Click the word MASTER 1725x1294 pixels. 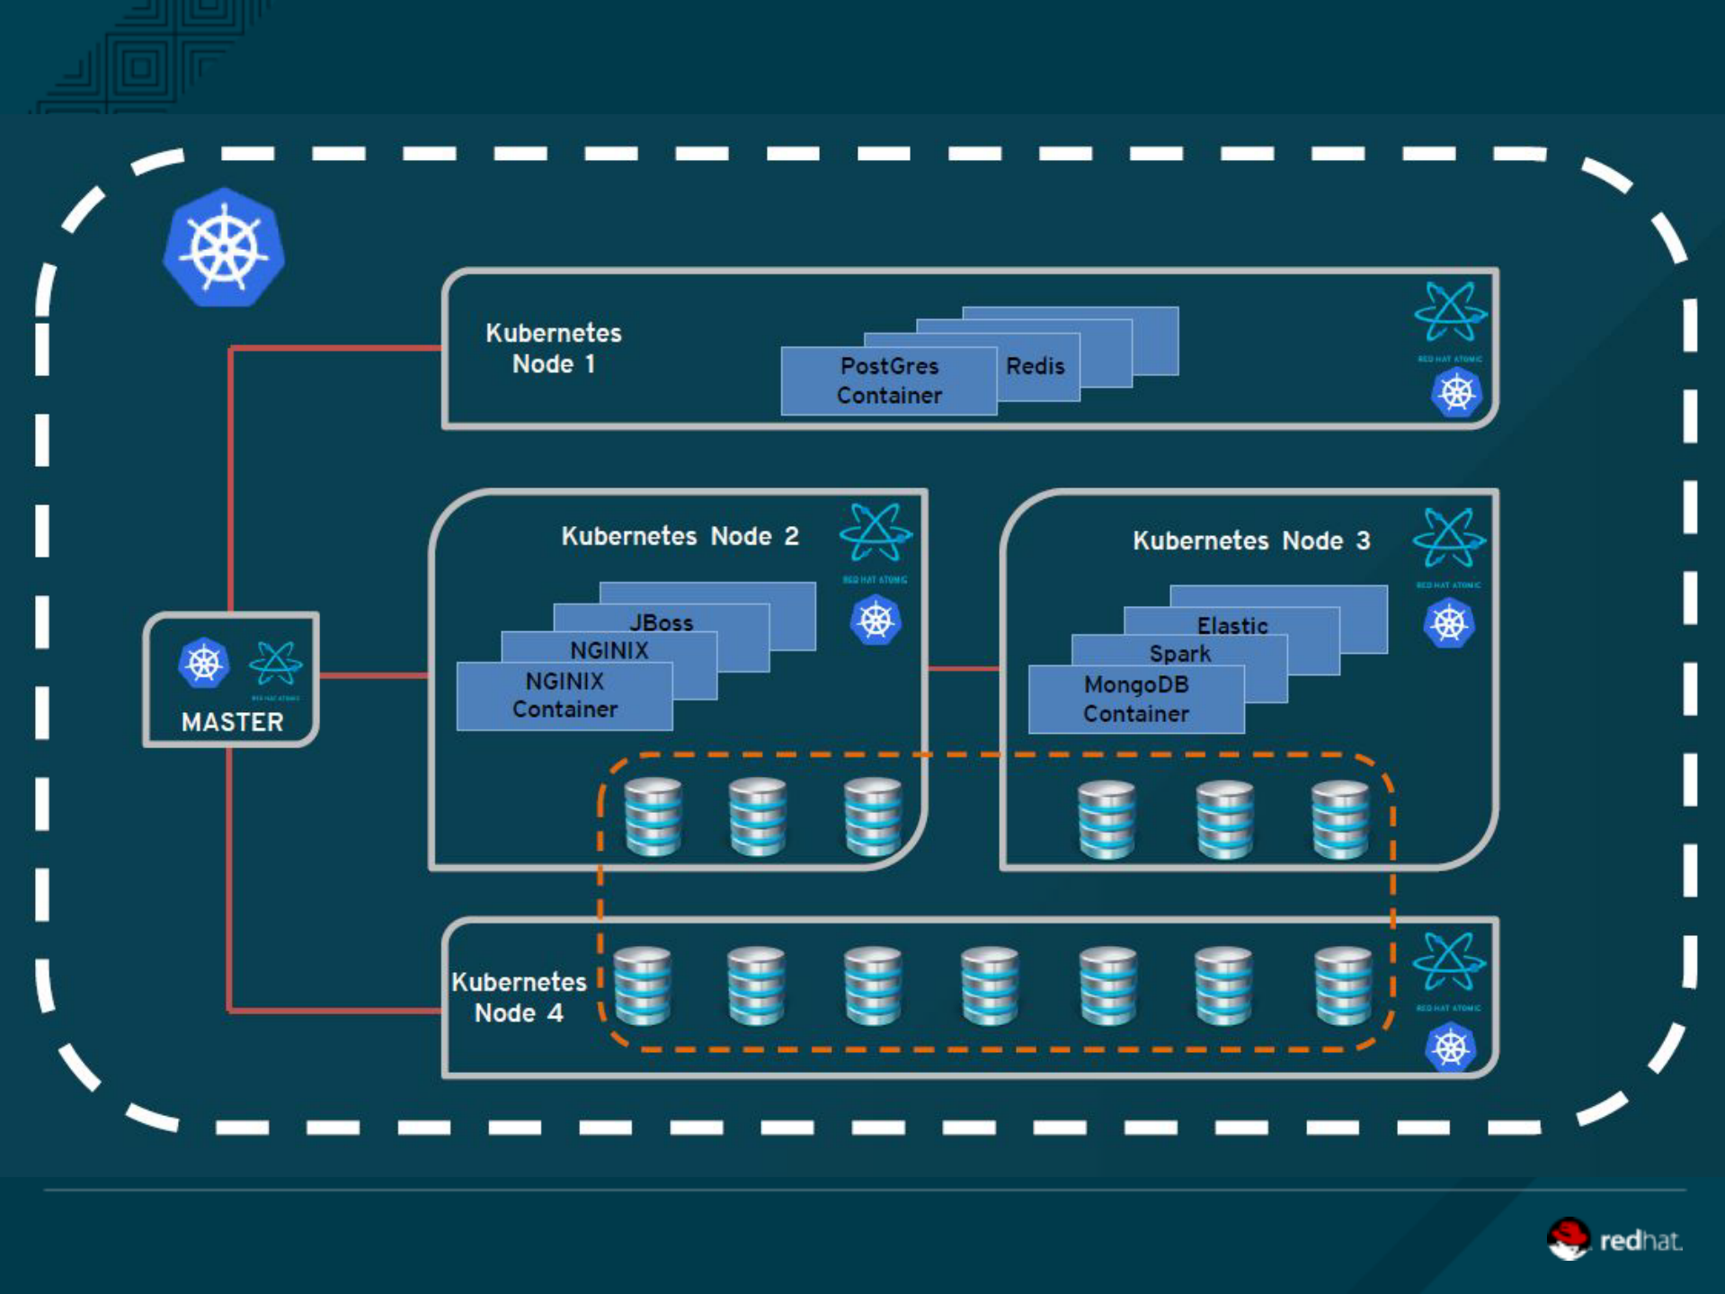pos(232,722)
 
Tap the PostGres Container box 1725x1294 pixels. pos(888,380)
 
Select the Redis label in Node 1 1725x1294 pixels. pos(1035,366)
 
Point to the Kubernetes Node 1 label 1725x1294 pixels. pos(553,348)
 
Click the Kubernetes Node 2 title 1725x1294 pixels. pos(680,536)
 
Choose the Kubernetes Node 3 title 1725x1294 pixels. pos(1250,540)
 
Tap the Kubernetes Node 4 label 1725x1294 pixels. pos(519,997)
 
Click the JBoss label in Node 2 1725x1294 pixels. pos(661,622)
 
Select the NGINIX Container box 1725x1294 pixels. pos(565,695)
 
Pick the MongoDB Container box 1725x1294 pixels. pos(1135,699)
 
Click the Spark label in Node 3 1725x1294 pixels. pos(1179,654)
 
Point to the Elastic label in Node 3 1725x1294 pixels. pos(1232,625)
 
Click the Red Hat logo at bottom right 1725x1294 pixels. pos(1613,1240)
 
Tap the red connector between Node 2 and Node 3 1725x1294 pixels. pos(964,668)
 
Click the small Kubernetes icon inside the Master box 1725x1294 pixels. pos(204,664)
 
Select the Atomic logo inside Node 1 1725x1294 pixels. pos(1449,312)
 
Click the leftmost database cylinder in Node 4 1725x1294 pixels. pos(642,986)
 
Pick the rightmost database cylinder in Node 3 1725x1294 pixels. pos(1339,819)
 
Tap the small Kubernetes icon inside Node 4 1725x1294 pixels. pos(1449,1048)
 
